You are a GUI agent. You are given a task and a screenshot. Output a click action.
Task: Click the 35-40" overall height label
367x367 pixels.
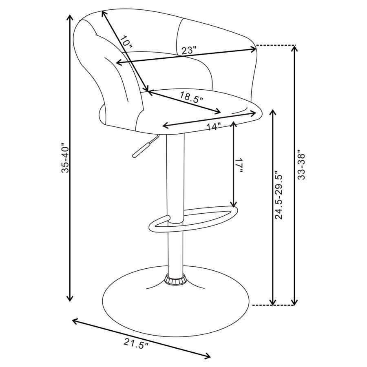(65, 157)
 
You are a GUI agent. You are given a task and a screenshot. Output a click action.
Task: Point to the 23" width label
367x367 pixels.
(189, 51)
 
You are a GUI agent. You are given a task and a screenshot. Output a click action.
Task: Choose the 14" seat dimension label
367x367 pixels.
(213, 126)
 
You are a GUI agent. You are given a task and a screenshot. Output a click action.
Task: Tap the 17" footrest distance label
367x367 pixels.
(240, 165)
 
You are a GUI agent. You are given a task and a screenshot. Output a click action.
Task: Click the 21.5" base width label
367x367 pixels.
(136, 345)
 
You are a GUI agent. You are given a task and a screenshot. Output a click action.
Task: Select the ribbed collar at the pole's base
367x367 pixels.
(175, 281)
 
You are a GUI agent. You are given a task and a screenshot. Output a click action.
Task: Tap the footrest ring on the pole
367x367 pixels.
(192, 218)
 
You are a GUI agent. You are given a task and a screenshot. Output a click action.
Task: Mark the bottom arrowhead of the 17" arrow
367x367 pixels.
(233, 205)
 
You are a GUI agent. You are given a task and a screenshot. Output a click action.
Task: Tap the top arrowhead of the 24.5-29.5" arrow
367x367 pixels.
(273, 112)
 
